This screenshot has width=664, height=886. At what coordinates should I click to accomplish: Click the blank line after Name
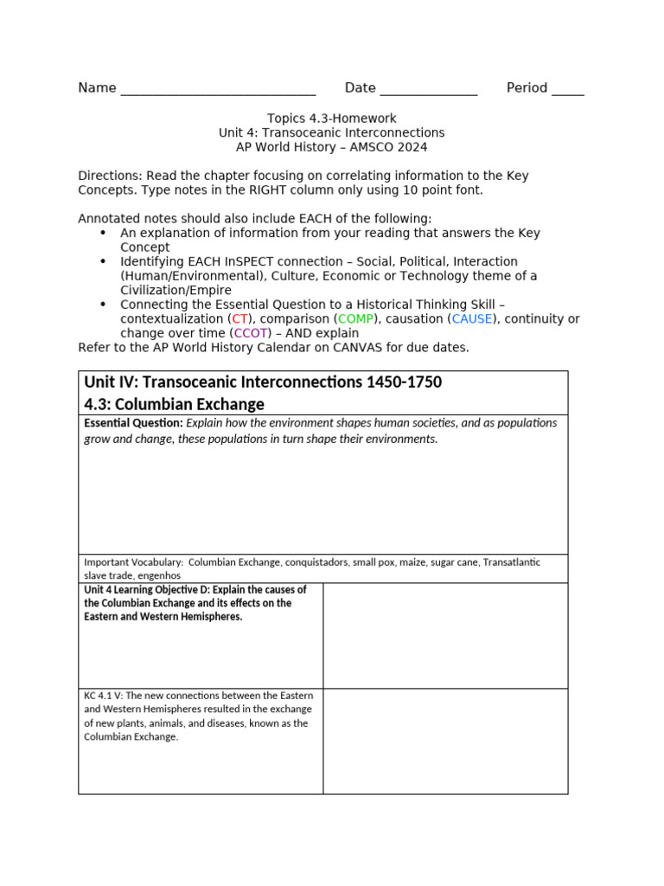click(x=218, y=90)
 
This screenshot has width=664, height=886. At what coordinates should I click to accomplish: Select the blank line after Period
click(x=567, y=90)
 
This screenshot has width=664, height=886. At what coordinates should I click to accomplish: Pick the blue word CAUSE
click(x=472, y=318)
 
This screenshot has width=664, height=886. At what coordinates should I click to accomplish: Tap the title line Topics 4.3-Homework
click(x=331, y=119)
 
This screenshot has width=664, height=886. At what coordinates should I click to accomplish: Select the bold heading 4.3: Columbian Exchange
click(x=174, y=404)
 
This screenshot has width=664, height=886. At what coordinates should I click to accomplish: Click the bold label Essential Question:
click(x=133, y=423)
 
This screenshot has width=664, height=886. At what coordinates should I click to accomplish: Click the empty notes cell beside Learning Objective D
click(x=445, y=635)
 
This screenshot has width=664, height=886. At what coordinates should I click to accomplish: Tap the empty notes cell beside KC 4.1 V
click(x=445, y=741)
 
